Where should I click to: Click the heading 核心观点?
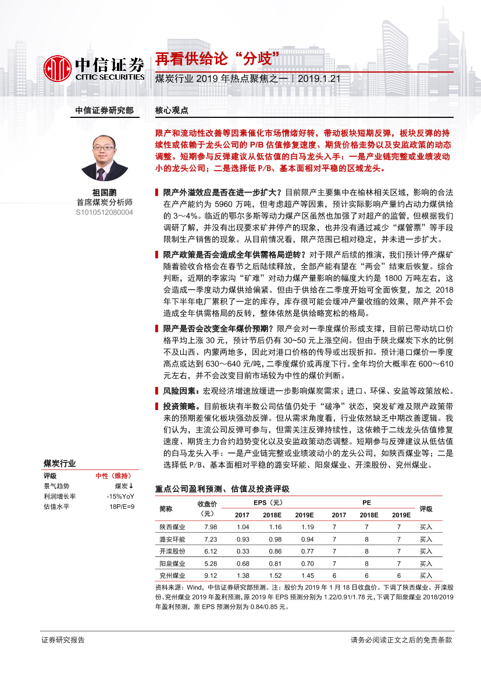pyautogui.click(x=172, y=110)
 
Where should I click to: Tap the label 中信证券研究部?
pyautogui.click(x=104, y=110)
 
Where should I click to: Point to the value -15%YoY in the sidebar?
pyautogui.click(x=120, y=497)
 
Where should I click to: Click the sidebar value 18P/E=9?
pyautogui.click(x=122, y=507)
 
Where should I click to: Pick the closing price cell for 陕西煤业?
pyautogui.click(x=210, y=527)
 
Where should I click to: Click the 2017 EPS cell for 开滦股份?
pyautogui.click(x=243, y=551)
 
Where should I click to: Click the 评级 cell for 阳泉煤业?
pyautogui.click(x=426, y=563)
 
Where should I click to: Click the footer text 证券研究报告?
pyautogui.click(x=63, y=640)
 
